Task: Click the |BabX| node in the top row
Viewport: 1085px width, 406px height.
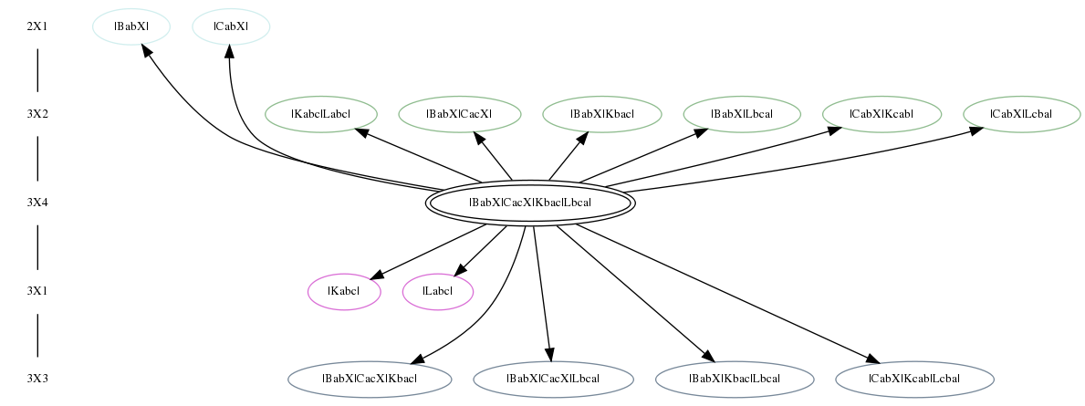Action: (x=131, y=27)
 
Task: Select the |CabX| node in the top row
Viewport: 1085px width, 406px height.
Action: (x=231, y=27)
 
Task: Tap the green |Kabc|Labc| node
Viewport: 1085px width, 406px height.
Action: (x=321, y=114)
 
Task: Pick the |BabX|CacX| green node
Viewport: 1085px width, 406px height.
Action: (x=460, y=114)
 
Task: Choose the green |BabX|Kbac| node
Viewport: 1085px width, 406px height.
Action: (x=602, y=114)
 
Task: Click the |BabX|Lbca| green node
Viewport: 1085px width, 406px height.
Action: (x=743, y=114)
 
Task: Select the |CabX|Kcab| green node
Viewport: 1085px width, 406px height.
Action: (x=882, y=114)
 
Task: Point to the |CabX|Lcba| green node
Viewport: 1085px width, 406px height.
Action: (x=1021, y=114)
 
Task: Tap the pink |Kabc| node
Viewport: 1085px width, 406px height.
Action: (x=345, y=291)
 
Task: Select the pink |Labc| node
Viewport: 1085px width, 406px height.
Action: (x=438, y=291)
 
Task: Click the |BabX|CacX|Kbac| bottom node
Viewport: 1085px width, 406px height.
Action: (x=370, y=379)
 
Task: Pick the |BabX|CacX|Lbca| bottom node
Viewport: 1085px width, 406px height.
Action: (x=554, y=379)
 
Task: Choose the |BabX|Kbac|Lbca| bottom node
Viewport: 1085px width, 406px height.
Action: (x=735, y=379)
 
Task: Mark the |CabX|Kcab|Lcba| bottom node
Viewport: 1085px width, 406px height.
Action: (x=914, y=379)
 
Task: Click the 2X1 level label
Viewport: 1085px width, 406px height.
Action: (x=37, y=27)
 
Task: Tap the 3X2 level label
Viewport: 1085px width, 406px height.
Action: (x=37, y=114)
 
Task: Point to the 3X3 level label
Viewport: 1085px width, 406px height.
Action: (x=37, y=379)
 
